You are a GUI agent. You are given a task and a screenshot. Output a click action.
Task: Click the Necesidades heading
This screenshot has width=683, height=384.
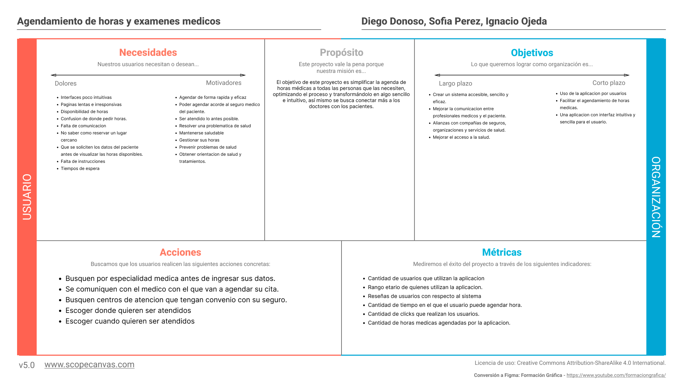click(x=148, y=53)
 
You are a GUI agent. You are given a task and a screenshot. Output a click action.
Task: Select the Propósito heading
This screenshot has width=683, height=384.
click(x=341, y=53)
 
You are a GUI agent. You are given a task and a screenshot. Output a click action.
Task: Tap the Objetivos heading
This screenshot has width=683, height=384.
click(x=532, y=53)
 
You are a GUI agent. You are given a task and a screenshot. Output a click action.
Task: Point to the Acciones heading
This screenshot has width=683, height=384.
click(x=180, y=252)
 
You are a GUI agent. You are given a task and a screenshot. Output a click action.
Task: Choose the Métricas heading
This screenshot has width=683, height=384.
click(x=502, y=252)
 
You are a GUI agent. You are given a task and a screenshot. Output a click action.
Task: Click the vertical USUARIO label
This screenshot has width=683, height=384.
click(x=27, y=197)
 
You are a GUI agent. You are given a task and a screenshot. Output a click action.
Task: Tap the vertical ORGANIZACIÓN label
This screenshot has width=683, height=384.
click(x=656, y=197)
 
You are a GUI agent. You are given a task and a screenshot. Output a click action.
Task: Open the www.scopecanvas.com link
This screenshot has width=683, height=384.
click(x=89, y=364)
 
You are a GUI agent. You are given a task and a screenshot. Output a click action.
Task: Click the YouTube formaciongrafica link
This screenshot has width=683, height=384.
click(x=616, y=375)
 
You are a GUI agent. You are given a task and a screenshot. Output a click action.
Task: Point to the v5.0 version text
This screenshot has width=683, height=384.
click(x=27, y=365)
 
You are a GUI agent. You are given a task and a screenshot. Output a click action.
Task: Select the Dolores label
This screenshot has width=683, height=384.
click(x=65, y=84)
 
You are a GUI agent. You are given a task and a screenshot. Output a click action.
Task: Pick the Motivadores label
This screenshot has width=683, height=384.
click(x=223, y=83)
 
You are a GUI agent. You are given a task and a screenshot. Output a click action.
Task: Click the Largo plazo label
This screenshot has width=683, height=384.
click(x=455, y=84)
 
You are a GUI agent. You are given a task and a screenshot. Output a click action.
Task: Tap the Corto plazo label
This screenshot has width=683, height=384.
click(x=609, y=83)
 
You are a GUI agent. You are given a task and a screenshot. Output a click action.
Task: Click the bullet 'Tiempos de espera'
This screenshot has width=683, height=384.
click(x=80, y=169)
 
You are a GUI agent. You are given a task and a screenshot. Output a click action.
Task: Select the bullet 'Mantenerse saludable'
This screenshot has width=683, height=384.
click(x=201, y=133)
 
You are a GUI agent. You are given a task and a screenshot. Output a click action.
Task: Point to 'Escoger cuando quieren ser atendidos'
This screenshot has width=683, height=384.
click(x=130, y=321)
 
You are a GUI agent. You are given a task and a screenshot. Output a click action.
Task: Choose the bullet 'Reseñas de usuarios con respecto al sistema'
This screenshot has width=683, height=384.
click(x=424, y=296)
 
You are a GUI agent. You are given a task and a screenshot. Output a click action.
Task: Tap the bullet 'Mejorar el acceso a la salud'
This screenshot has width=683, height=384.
click(x=461, y=137)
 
